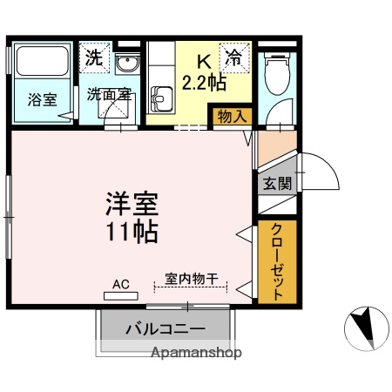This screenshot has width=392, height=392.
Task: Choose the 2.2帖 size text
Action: tap(204, 84)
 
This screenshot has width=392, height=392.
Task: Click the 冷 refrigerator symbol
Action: tap(233, 59)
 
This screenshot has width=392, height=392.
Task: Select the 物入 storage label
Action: tap(228, 116)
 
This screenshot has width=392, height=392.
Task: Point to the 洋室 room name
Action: tap(132, 206)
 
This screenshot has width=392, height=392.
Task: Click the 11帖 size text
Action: tap(132, 233)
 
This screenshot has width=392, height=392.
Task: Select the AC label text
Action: tap(121, 283)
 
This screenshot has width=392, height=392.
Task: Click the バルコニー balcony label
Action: tap(166, 328)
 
